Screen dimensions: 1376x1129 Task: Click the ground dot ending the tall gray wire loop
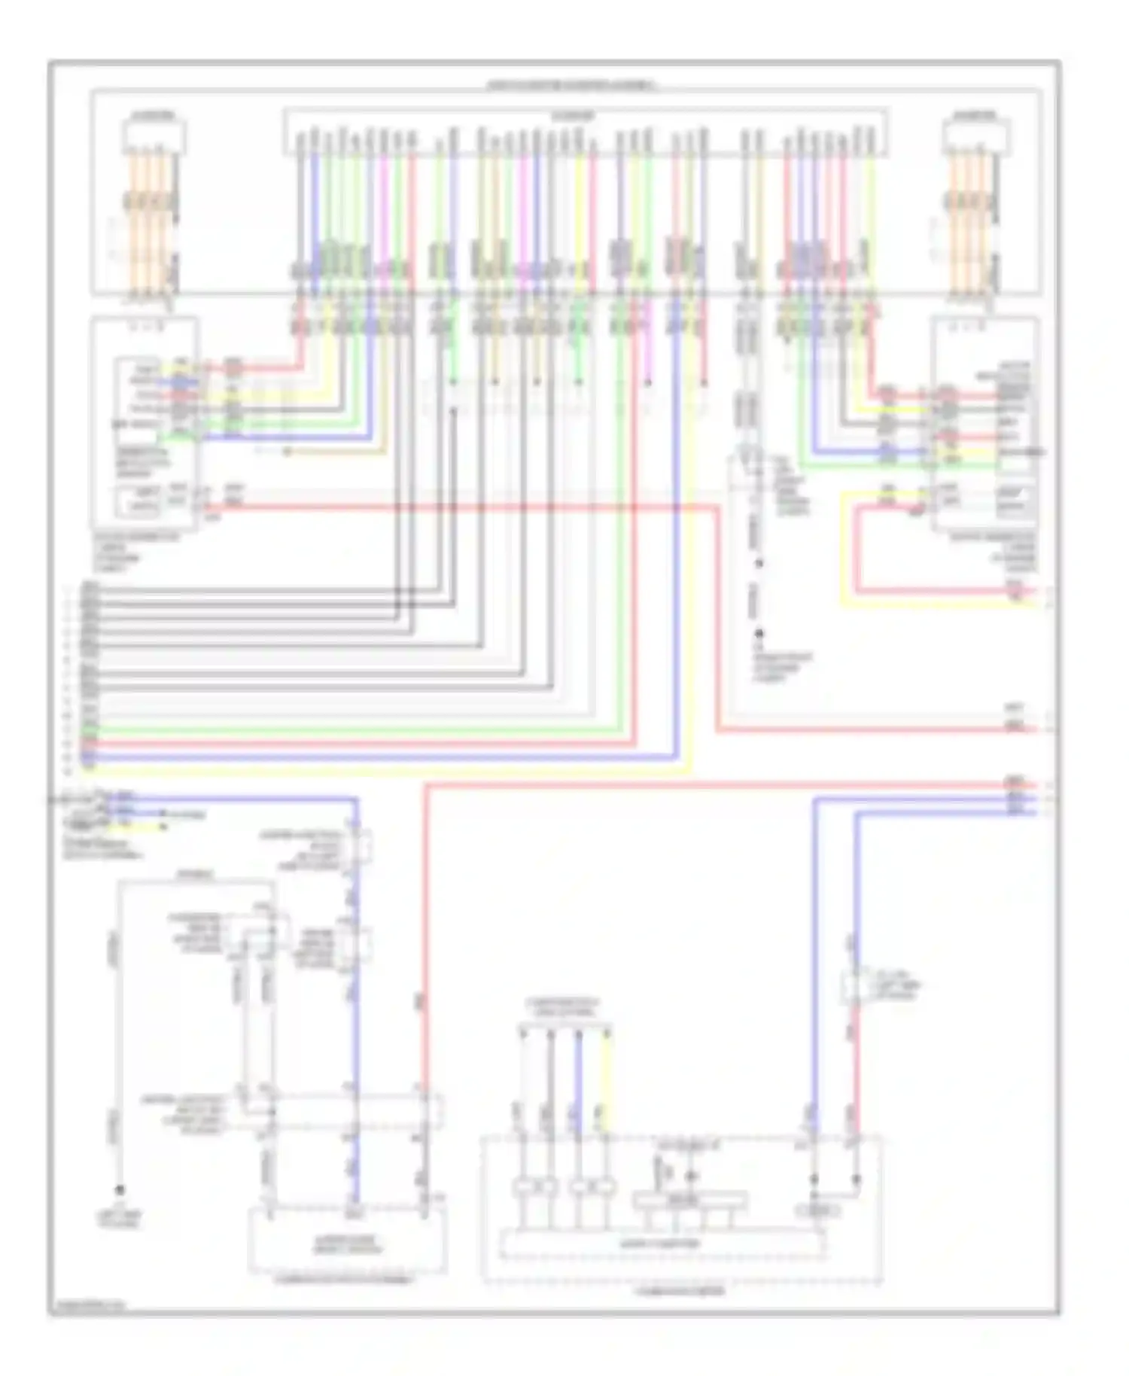(x=119, y=1190)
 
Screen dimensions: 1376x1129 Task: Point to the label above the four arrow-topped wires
(x=564, y=1007)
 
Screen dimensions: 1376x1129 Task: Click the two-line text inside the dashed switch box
(x=347, y=1244)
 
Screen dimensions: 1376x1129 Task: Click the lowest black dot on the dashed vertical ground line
(x=759, y=635)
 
